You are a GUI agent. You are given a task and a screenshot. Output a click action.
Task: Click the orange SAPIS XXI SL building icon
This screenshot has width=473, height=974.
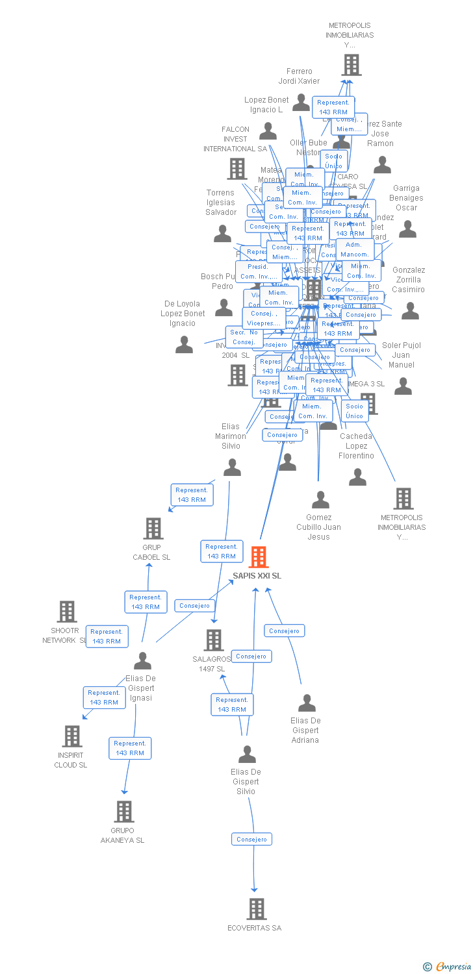(x=259, y=556)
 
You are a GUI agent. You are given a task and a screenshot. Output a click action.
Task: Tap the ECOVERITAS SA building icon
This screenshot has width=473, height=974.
(x=257, y=908)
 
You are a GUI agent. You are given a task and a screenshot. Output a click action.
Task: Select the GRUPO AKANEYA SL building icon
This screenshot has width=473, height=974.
(x=124, y=811)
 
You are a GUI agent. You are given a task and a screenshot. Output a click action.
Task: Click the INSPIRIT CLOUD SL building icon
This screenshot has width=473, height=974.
(x=72, y=736)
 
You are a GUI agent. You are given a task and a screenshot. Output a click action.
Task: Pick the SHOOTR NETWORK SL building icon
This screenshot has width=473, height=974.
(x=67, y=611)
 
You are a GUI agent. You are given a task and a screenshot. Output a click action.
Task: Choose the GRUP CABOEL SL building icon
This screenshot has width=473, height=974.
(x=153, y=528)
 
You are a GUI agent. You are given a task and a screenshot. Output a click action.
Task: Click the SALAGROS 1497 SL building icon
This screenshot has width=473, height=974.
(x=214, y=640)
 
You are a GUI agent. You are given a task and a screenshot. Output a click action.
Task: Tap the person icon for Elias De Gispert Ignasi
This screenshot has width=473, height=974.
(x=142, y=661)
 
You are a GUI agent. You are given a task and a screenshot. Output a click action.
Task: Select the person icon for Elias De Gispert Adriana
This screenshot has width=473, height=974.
(x=307, y=703)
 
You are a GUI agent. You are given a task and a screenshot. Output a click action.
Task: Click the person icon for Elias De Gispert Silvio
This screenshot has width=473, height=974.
(x=247, y=754)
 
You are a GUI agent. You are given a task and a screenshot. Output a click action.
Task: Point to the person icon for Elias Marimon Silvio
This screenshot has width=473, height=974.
(x=232, y=467)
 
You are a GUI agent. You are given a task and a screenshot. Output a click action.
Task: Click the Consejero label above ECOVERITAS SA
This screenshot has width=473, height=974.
(x=251, y=839)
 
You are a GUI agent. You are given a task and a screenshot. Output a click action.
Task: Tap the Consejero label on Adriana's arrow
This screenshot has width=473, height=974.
(x=284, y=631)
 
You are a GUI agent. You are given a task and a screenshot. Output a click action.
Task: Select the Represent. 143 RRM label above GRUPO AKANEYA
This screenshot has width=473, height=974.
(x=130, y=748)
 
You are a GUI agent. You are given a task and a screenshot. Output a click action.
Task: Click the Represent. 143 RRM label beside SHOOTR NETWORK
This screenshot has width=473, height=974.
(x=107, y=636)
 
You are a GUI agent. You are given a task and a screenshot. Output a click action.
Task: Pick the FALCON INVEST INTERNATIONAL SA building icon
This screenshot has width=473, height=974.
(x=237, y=169)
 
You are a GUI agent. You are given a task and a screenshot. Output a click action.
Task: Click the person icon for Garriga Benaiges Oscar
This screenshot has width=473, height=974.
(x=407, y=229)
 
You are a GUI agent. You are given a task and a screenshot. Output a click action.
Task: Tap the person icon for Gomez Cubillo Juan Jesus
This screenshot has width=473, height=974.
(x=320, y=499)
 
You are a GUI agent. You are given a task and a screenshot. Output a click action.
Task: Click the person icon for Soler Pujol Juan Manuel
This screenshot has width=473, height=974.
(x=403, y=386)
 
